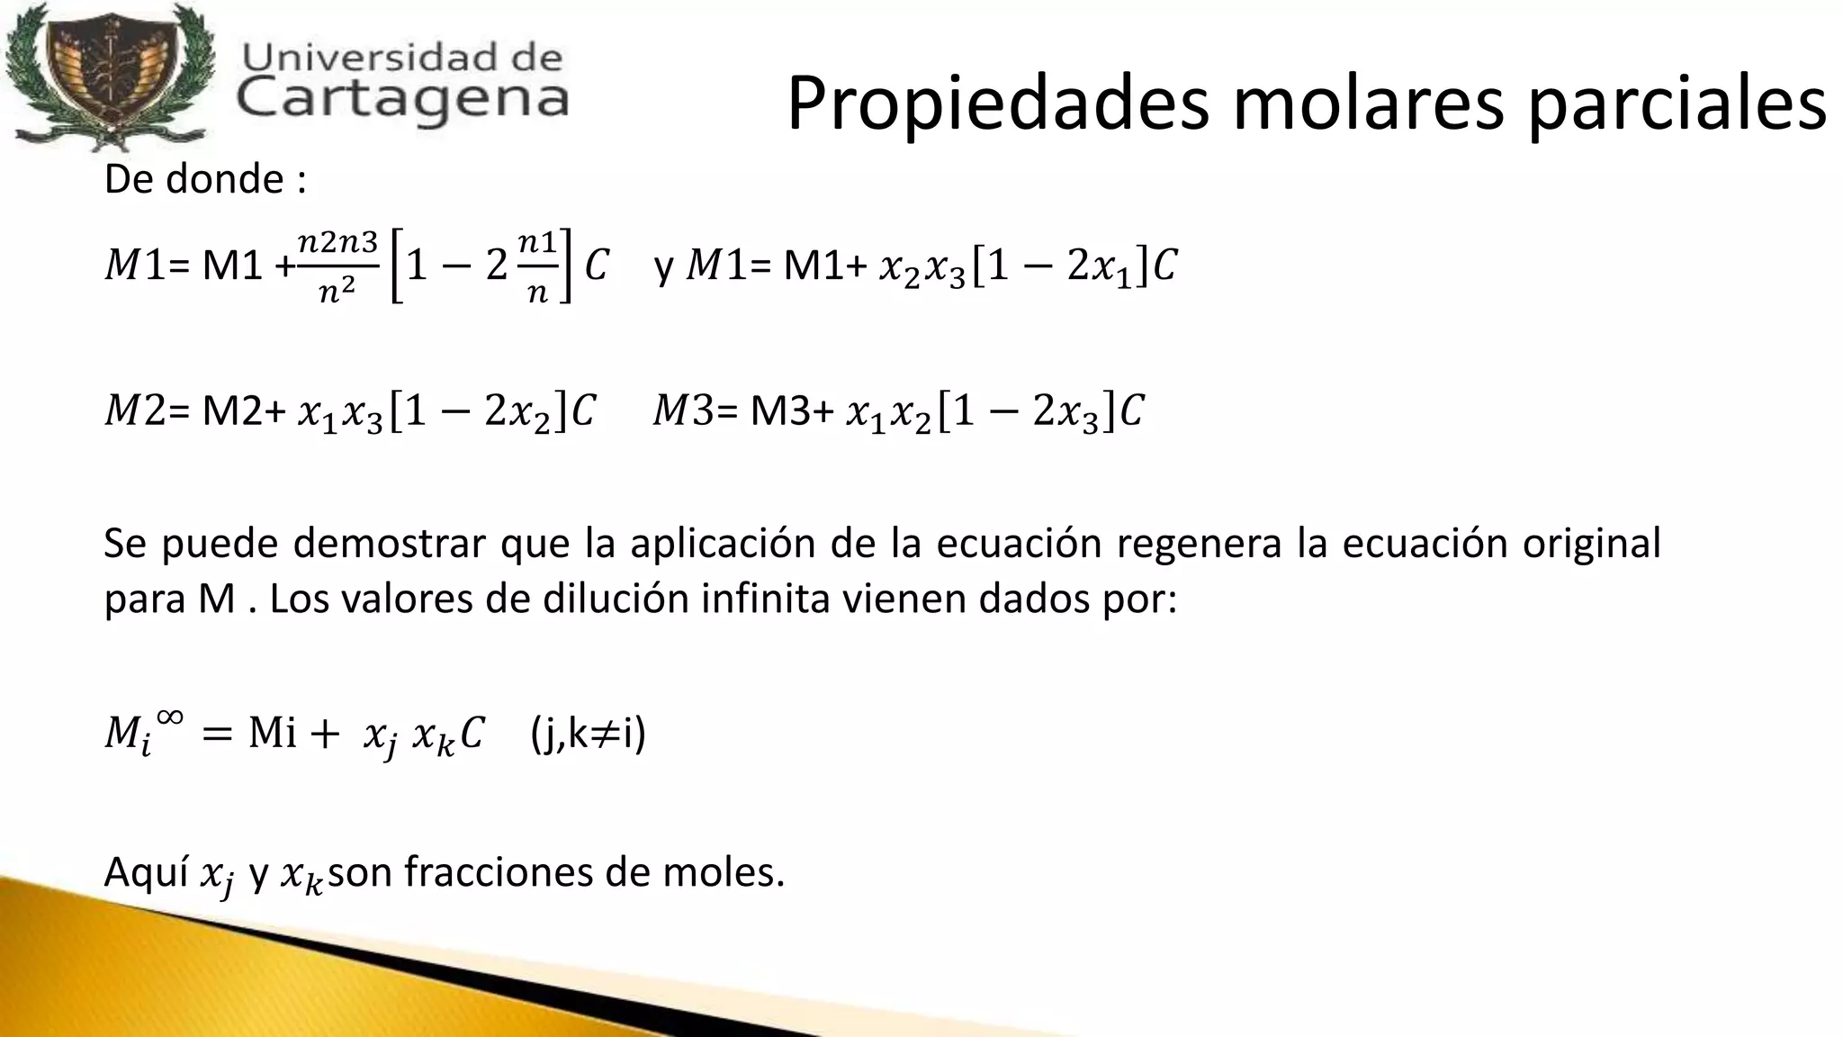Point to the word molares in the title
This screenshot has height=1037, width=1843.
click(1368, 104)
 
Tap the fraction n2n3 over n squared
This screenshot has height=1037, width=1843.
click(337, 266)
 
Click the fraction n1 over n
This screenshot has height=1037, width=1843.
click(538, 266)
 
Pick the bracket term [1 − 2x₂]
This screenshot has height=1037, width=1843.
click(478, 412)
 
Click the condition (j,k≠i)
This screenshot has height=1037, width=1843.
click(589, 734)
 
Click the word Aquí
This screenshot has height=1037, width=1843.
click(145, 871)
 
